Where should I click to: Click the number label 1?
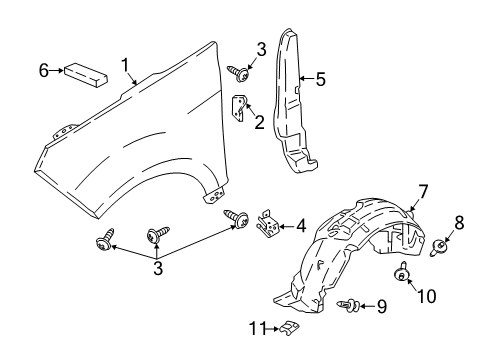pos(127,65)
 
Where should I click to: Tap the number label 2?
pos(258,122)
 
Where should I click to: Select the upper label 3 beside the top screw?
pos(260,49)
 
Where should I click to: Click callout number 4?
pos(299,227)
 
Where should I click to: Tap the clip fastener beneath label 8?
pos(441,247)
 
